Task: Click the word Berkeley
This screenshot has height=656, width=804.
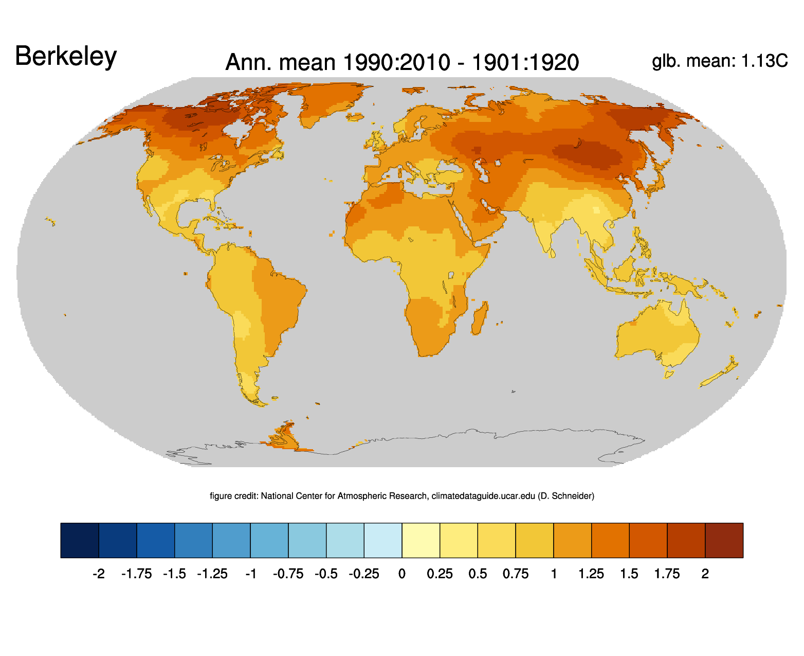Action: [x=66, y=56]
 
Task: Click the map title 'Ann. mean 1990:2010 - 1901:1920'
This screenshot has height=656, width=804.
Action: [x=402, y=62]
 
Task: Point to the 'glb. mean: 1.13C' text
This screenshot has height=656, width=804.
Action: [x=719, y=61]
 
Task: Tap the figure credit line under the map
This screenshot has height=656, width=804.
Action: [x=402, y=496]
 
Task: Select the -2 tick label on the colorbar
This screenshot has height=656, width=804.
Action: [x=98, y=574]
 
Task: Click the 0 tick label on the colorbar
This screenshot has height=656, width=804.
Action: [x=402, y=574]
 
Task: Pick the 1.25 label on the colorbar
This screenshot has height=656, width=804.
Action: [x=591, y=574]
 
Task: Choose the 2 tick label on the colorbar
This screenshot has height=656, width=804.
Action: [x=705, y=574]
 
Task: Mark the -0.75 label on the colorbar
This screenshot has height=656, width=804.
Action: [x=288, y=574]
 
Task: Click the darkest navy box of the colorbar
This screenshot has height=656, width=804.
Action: [x=80, y=540]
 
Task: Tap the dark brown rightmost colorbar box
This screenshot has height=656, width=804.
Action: [x=724, y=540]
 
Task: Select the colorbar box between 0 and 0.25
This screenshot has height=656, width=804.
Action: [x=421, y=540]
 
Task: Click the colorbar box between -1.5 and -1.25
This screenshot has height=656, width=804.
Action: [x=193, y=540]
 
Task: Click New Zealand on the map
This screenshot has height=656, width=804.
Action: [x=720, y=373]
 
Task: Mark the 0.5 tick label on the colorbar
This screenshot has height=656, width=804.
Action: [x=478, y=574]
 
